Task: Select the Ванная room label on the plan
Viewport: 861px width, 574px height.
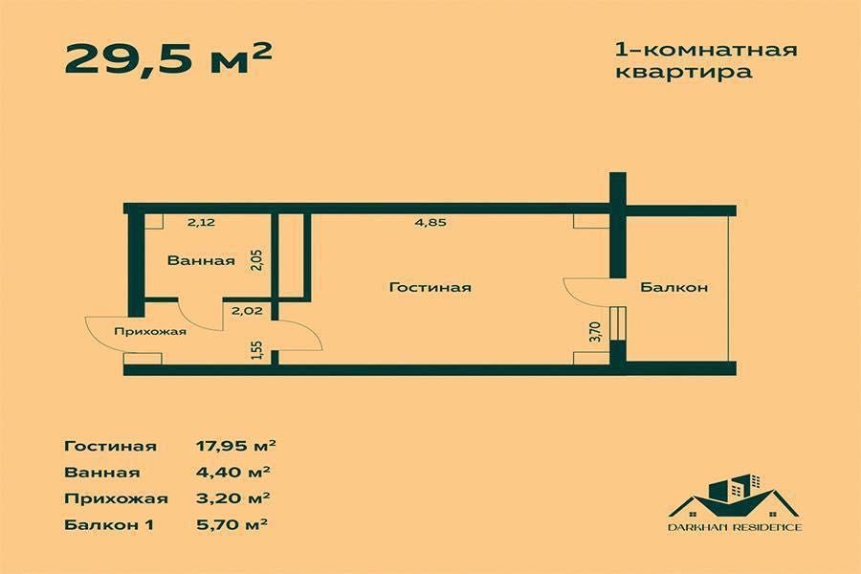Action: point(201,260)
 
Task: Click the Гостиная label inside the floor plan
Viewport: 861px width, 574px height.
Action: point(430,287)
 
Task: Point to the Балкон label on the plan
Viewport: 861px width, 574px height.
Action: point(673,287)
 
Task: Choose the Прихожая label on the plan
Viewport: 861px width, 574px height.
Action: point(149,332)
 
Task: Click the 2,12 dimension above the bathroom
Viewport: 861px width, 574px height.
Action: point(200,223)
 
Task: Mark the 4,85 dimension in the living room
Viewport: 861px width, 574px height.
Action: point(430,223)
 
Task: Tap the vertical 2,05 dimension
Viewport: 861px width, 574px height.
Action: point(256,259)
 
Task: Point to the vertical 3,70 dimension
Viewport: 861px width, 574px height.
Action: point(594,331)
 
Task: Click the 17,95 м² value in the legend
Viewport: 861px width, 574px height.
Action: point(235,446)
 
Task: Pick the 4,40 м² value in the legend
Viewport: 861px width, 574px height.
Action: point(231,472)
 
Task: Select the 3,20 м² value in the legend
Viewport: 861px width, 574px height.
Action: point(231,497)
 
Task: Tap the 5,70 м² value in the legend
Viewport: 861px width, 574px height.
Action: point(231,524)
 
